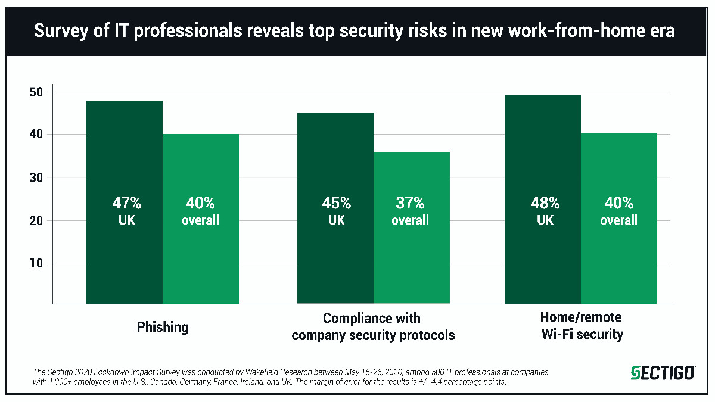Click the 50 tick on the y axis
36,92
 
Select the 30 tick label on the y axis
36,178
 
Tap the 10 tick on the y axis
36,264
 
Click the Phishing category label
162,327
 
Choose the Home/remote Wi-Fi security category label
582,326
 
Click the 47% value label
125,203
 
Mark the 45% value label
336,203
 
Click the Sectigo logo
663,373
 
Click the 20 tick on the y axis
36,221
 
